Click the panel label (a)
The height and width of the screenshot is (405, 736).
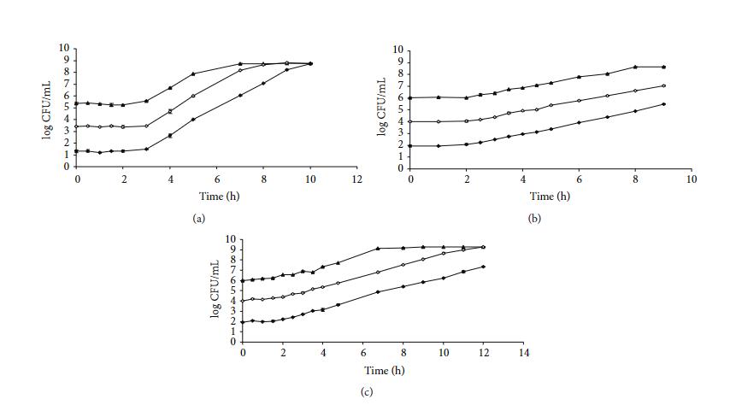(199, 219)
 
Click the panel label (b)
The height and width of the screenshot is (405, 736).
(534, 219)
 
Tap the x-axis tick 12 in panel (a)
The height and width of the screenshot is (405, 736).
(356, 179)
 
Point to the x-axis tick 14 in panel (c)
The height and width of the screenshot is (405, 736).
(524, 354)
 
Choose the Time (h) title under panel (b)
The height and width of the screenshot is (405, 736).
(551, 197)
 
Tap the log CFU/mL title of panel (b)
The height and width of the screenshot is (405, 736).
(382, 109)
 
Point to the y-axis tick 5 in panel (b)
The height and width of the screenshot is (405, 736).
(399, 109)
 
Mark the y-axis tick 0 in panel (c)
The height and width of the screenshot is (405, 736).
(231, 342)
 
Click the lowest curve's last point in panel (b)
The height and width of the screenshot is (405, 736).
(663, 104)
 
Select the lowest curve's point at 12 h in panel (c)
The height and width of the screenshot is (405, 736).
(484, 267)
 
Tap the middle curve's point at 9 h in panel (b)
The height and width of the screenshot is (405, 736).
(663, 85)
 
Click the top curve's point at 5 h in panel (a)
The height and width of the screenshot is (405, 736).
(193, 73)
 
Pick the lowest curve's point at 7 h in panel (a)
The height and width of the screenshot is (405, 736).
(240, 95)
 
